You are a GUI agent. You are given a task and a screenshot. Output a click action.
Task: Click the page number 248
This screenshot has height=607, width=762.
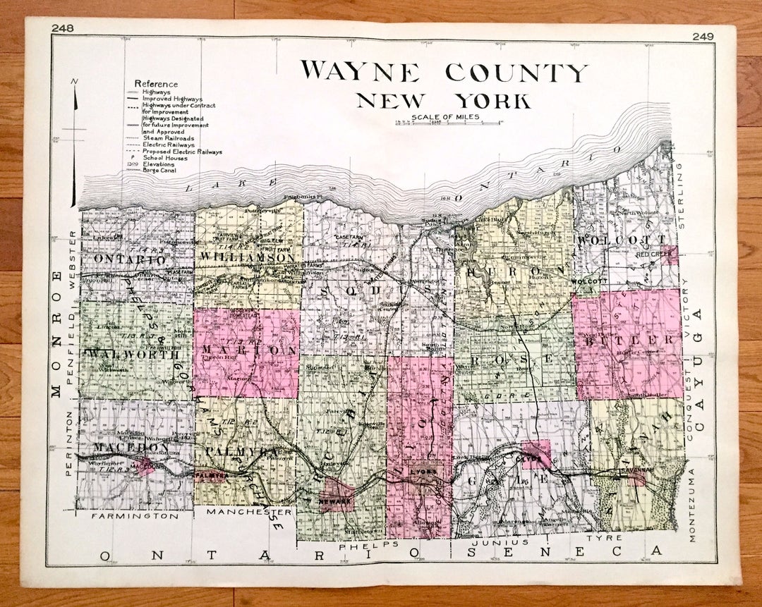point(63,28)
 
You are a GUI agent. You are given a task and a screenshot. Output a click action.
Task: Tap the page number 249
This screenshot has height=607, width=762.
point(703,37)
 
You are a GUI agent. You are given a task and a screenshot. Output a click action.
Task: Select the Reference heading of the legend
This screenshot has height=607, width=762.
point(157,83)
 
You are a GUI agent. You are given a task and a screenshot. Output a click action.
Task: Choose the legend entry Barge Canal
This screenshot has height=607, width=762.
point(159,171)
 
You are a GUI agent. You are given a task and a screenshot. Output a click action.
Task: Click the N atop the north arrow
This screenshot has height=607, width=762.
point(75,82)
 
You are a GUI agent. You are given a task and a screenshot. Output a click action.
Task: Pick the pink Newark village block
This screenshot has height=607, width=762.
point(336,496)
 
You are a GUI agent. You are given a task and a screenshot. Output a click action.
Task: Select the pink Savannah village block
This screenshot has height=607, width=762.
point(634,477)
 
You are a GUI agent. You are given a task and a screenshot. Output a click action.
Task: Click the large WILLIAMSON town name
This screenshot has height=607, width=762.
point(246,258)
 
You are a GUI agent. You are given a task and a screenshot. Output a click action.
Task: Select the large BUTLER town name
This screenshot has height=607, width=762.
point(628,341)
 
